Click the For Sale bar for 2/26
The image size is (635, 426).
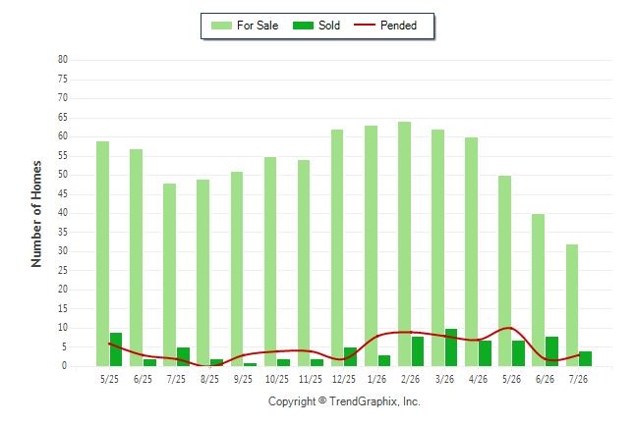click(x=404, y=244)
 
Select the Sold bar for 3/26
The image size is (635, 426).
click(x=451, y=347)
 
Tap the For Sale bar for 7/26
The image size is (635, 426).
click(x=572, y=305)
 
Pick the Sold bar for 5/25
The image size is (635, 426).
click(x=116, y=349)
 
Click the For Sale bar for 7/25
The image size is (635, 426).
click(x=169, y=275)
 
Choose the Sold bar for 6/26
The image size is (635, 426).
click(x=551, y=351)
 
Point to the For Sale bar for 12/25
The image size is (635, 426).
click(x=337, y=248)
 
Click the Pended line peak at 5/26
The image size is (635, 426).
click(x=510, y=328)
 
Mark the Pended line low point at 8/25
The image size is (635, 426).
click(x=210, y=366)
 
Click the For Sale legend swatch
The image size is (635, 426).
click(x=221, y=26)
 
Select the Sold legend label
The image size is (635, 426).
click(x=329, y=26)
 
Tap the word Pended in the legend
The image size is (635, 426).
click(x=398, y=26)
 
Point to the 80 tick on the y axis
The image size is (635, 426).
click(x=63, y=60)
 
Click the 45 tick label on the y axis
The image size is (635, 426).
click(x=63, y=194)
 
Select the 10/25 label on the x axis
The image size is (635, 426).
click(x=277, y=379)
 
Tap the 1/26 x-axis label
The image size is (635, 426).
click(x=377, y=379)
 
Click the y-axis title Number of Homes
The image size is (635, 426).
click(x=36, y=214)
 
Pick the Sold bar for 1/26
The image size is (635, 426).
click(x=384, y=361)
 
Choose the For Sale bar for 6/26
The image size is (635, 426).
click(x=538, y=291)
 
